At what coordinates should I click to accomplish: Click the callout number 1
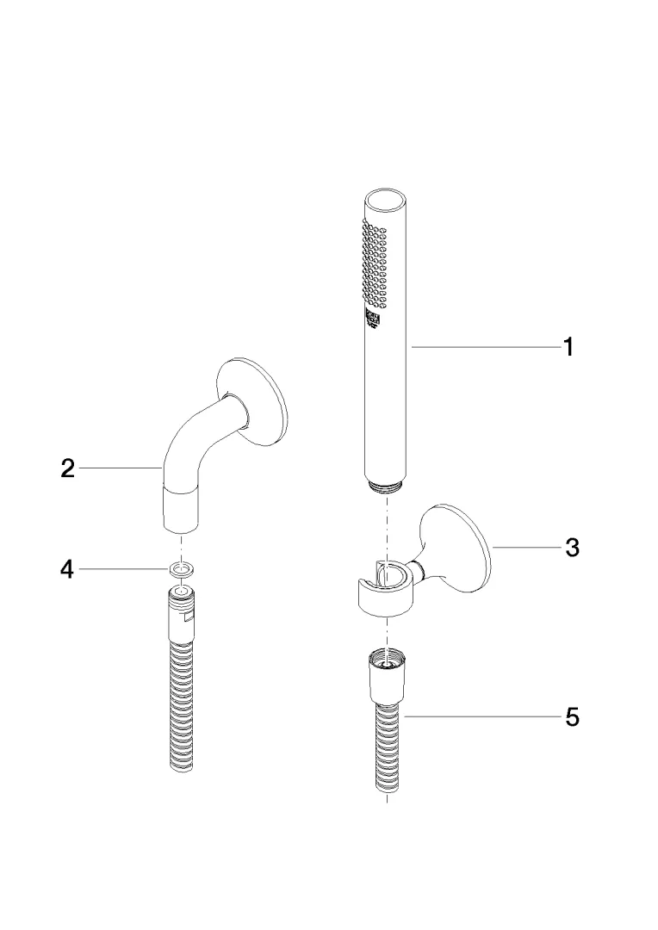568,347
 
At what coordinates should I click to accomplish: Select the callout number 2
67,469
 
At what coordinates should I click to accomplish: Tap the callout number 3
571,547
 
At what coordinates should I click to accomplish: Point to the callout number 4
67,569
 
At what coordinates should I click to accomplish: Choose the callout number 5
571,716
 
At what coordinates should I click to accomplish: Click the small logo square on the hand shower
373,320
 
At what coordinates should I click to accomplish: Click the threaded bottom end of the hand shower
385,487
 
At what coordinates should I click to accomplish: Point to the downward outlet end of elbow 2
179,512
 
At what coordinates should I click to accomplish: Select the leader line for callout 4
125,569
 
